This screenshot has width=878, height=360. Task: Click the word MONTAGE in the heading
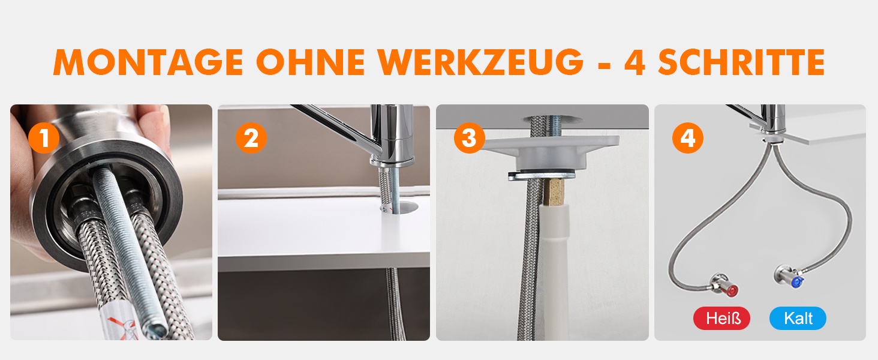click(148, 62)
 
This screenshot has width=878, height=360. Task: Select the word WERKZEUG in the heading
click(480, 62)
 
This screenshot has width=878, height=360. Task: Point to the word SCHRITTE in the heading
click(742, 62)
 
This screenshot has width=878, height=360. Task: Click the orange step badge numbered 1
click(44, 138)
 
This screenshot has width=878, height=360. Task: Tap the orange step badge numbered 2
click(251, 138)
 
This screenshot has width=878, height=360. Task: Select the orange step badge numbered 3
click(470, 138)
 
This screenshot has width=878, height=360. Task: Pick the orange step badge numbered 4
click(688, 138)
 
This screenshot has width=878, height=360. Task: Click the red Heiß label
click(721, 318)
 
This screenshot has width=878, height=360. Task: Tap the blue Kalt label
click(798, 318)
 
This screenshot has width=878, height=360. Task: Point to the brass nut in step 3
click(554, 192)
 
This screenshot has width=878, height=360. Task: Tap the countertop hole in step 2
click(399, 207)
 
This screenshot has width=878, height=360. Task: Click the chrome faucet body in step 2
click(392, 134)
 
